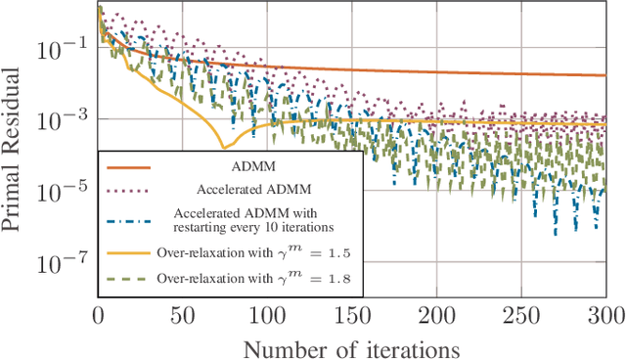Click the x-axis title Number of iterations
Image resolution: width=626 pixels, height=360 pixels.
[352, 346]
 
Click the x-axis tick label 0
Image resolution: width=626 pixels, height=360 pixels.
[98, 315]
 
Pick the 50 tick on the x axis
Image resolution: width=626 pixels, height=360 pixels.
[183, 315]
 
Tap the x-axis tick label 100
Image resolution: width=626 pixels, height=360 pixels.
[267, 315]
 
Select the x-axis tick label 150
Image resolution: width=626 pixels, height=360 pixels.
[352, 315]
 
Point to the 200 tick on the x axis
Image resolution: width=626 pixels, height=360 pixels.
[436, 315]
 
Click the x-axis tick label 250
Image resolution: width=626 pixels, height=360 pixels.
[521, 315]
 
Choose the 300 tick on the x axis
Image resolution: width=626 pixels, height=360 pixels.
[605, 315]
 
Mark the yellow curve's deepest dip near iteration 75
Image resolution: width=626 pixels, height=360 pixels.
[224, 148]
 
